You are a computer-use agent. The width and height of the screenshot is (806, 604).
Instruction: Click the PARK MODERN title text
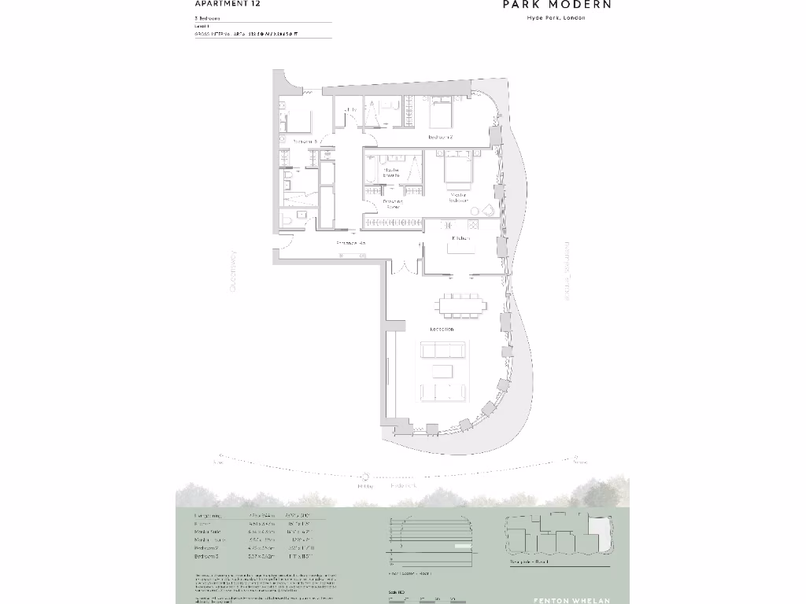pos(557,5)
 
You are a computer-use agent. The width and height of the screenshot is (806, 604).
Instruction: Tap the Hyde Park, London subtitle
pos(556,18)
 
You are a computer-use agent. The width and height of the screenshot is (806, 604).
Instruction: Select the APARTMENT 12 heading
pos(228,4)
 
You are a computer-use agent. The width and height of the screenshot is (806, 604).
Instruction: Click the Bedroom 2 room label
pos(440,137)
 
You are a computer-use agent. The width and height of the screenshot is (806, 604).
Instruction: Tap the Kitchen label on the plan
pos(460,238)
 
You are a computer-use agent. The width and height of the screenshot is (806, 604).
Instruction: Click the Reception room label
pos(442,329)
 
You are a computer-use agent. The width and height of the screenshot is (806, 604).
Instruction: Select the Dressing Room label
pos(393,204)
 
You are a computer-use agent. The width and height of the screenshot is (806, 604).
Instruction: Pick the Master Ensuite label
pos(391,171)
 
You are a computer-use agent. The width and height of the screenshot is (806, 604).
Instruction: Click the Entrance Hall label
pos(352,244)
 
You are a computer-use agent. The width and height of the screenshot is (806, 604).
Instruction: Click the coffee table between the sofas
pos(446,370)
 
